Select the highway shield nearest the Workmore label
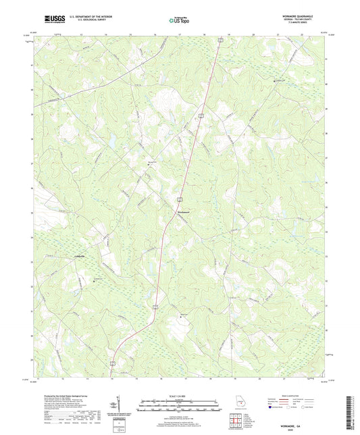[180, 200]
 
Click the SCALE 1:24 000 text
[180, 396]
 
